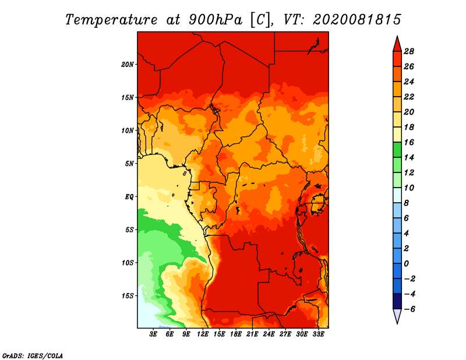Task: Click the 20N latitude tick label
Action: tap(128, 65)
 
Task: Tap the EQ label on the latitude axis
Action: tap(129, 197)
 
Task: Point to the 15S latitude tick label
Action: tap(128, 296)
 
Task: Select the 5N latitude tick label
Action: tap(129, 164)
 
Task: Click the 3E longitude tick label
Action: tap(153, 334)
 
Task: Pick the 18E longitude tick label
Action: tap(236, 334)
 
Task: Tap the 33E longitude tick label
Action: tap(318, 334)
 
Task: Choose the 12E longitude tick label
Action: tap(203, 334)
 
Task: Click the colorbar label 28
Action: tap(409, 51)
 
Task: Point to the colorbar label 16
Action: tap(409, 142)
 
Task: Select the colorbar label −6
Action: tap(409, 309)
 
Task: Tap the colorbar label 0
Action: tap(406, 264)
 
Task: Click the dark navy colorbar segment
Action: tap(397, 301)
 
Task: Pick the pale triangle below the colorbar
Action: tap(397, 315)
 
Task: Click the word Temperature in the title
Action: tap(111, 20)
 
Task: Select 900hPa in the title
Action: tap(215, 20)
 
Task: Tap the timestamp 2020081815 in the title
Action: tap(357, 20)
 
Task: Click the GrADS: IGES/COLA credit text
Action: tap(33, 356)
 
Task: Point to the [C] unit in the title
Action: tap(260, 20)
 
